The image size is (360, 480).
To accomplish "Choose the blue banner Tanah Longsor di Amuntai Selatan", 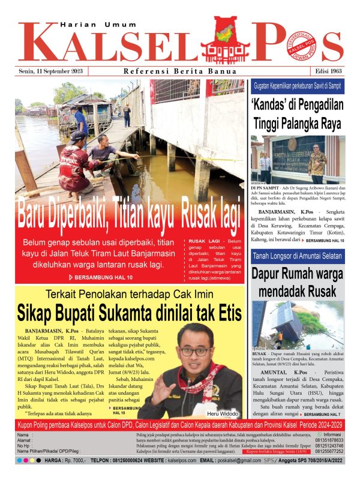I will pos(298,256).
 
